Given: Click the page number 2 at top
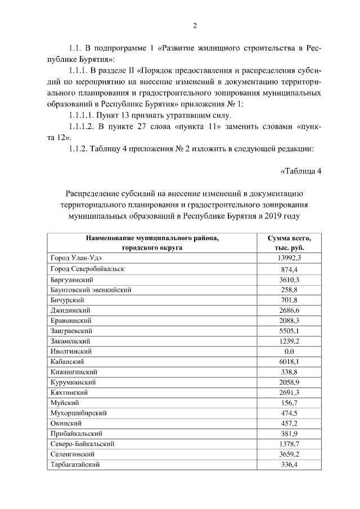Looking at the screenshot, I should tap(195, 25).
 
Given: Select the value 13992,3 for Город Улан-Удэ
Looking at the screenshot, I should tap(289, 258).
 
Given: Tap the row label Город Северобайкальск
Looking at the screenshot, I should tap(87, 269).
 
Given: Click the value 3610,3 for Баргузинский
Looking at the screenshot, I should tap(289, 280).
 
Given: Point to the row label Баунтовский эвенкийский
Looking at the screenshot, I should tap(91, 290).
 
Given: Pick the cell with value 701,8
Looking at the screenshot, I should tap(289, 300).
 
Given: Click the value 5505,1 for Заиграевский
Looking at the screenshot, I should tap(289, 331).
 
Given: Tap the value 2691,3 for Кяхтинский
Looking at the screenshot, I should tap(289, 393).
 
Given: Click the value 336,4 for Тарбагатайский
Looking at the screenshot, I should tap(289, 465).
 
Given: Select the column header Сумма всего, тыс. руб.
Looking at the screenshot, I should tap(289, 243).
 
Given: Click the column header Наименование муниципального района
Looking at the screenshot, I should tap(152, 238).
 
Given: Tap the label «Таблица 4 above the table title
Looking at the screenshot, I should tap(300, 172).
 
